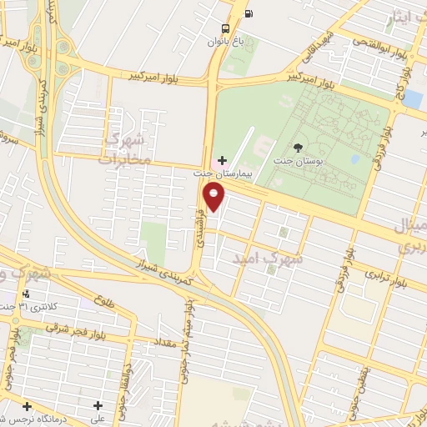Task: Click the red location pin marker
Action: (215, 198)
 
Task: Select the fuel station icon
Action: (249, 13)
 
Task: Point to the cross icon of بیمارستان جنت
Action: (221, 159)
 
